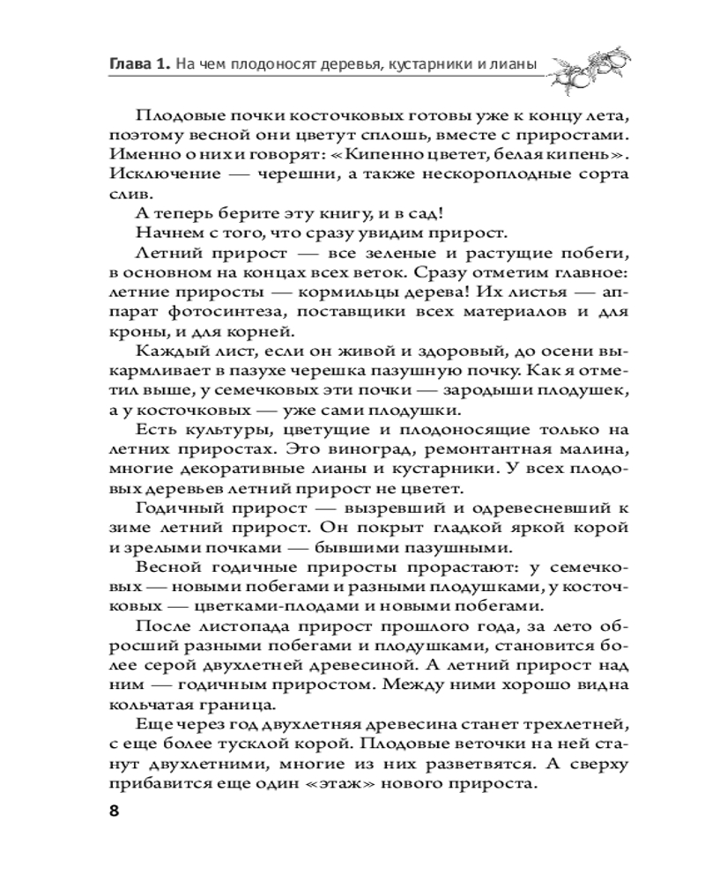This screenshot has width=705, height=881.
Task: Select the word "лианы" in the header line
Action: [518, 63]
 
